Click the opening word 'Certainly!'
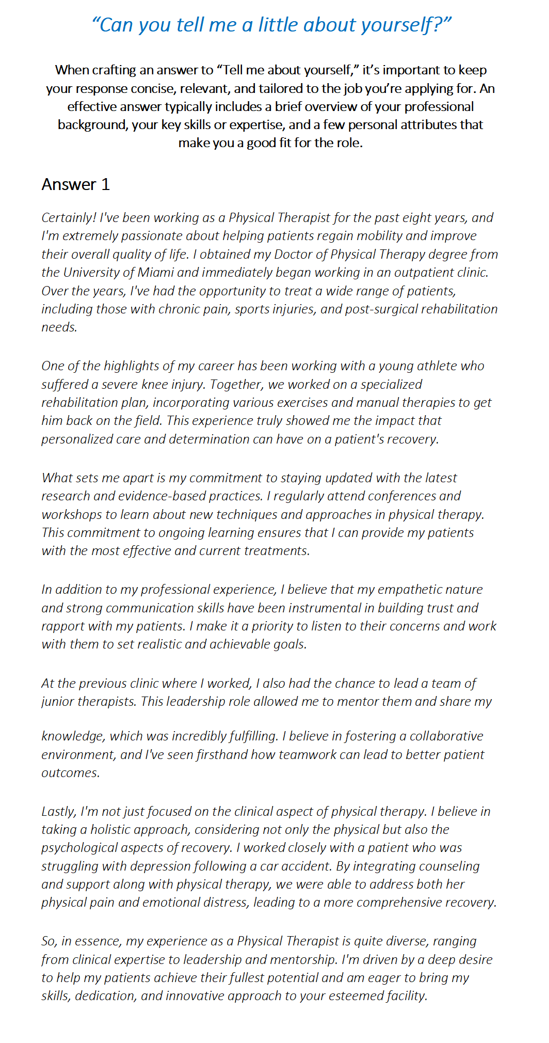pos(69,218)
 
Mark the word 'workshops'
pos(72,515)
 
